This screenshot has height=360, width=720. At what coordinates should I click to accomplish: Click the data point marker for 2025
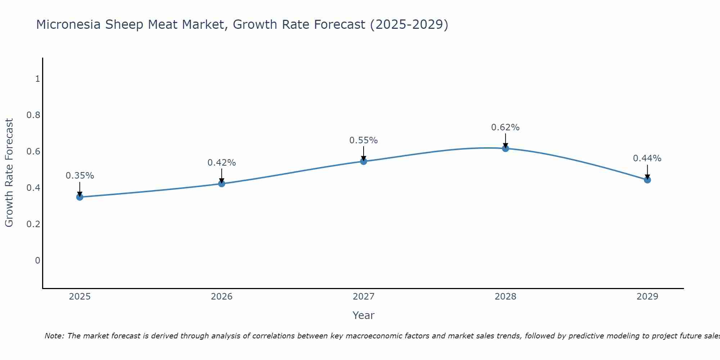coord(80,197)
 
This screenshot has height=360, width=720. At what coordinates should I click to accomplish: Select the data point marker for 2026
coord(221,184)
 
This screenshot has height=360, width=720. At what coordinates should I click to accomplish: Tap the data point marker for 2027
coord(363,161)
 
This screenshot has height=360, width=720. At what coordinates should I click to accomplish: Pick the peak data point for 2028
coord(505,148)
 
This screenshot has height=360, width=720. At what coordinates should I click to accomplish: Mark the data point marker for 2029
coord(647,180)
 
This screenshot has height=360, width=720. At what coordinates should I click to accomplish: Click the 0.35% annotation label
coord(80,176)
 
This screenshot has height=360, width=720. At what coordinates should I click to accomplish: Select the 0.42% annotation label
coord(221,163)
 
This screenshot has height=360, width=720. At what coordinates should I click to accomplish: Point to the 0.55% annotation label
coord(363,140)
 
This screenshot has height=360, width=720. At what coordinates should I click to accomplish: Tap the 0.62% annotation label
coord(505,127)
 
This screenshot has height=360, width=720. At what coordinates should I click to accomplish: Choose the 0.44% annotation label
coord(647,158)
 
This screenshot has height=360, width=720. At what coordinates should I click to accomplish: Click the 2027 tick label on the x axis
coord(363,297)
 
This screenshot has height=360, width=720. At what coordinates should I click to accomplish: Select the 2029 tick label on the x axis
coord(647,297)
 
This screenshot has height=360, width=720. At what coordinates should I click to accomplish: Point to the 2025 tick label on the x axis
coord(80,297)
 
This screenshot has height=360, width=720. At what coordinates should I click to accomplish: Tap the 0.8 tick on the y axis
coord(33,115)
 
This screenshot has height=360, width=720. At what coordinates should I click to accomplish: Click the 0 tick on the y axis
coord(37,260)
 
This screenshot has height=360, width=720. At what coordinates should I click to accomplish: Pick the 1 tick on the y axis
coord(37,78)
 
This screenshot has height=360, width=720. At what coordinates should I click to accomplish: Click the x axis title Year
coord(363,315)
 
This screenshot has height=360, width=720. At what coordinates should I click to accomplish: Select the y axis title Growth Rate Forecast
coord(9,173)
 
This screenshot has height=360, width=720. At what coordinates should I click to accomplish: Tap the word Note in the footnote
coord(54,336)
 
